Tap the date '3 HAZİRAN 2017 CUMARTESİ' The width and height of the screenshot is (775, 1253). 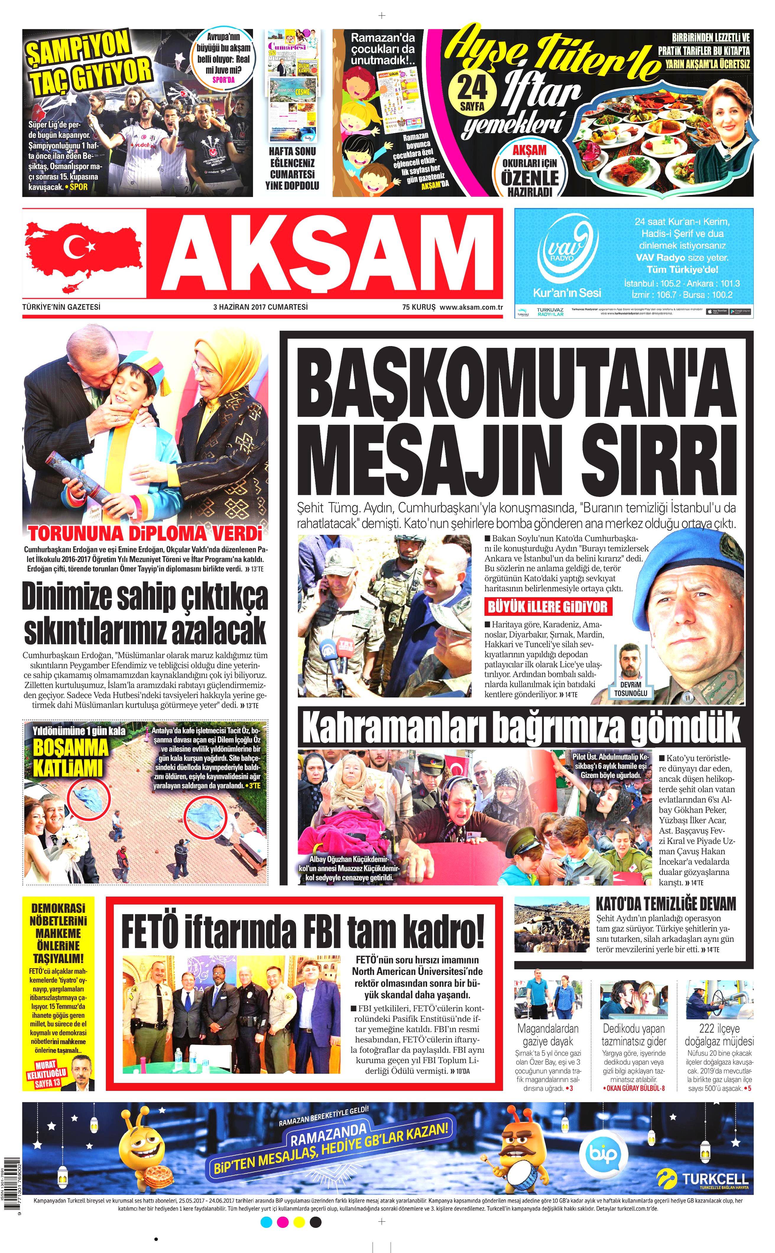click(260, 307)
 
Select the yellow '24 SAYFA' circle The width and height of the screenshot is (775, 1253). click(472, 92)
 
